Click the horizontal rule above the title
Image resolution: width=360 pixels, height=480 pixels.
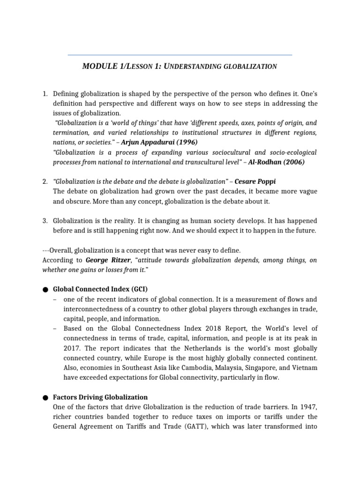(x=180, y=55)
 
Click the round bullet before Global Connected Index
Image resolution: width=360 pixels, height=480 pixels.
(x=45, y=290)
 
